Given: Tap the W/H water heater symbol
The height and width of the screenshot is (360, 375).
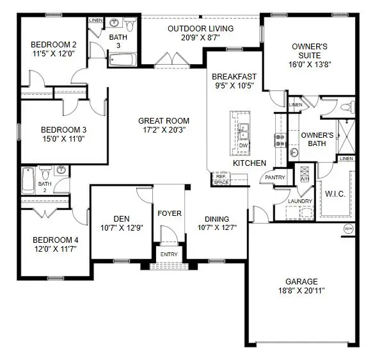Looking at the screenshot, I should [x=349, y=229].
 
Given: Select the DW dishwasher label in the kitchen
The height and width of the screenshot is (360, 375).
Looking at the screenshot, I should [x=243, y=145].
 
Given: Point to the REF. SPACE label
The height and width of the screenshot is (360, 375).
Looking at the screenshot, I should [x=221, y=179].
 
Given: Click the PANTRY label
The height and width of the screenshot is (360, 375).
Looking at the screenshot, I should [x=275, y=177].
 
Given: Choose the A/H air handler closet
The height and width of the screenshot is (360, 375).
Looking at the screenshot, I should [x=304, y=174].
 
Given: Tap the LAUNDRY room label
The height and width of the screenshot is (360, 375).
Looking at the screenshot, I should [x=300, y=201].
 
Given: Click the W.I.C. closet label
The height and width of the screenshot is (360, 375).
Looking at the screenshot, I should [x=335, y=193].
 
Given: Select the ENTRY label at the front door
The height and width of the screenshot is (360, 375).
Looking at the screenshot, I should [x=170, y=254].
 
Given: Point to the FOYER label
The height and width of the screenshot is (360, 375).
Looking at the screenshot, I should [x=170, y=213].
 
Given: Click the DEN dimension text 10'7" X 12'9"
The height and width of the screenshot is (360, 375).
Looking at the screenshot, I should [x=116, y=227].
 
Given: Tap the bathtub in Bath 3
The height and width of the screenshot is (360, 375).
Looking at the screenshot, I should [x=122, y=60].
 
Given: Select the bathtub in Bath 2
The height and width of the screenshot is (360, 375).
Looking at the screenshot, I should [x=29, y=181].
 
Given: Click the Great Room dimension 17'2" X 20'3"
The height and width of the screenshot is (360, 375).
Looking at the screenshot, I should [x=164, y=130].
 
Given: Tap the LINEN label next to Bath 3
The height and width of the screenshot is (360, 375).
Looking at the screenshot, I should [x=95, y=20].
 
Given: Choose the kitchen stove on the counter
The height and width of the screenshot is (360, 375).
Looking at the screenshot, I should [x=280, y=140].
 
